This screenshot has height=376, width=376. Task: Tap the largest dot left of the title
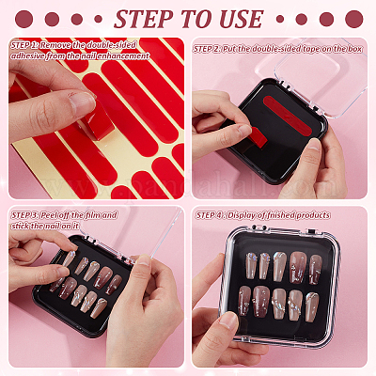coord(24,19)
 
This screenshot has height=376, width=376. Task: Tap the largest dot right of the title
coord(354,19)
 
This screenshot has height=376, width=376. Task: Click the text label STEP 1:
coord(24,45)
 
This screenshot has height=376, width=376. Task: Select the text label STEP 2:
coord(207,49)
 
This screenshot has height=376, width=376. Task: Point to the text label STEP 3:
coord(25,215)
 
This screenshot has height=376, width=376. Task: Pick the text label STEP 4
coord(210,215)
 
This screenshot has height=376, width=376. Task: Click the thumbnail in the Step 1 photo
coord(82,100)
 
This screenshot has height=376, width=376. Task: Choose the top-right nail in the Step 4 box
coord(316,270)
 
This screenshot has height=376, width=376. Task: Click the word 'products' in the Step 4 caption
coord(313,215)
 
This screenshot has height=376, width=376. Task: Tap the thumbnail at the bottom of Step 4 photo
coord(227,321)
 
